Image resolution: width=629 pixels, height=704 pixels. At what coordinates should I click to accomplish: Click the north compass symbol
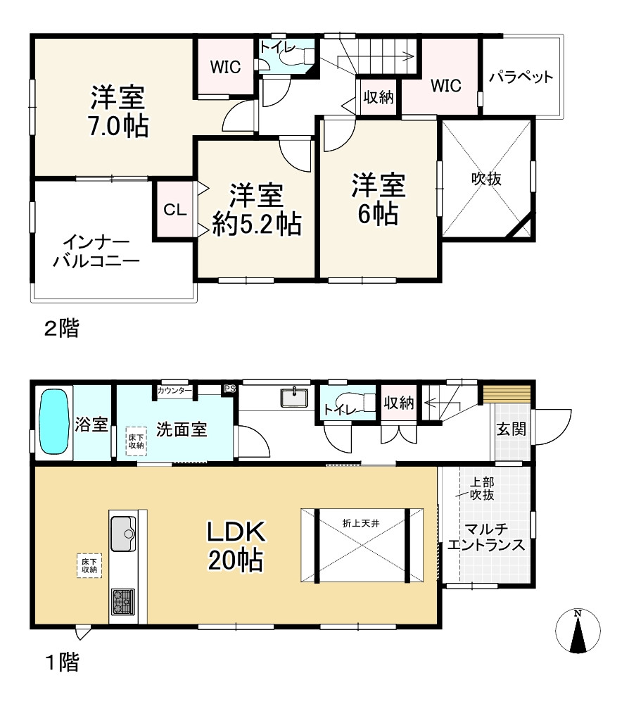[x=578, y=631]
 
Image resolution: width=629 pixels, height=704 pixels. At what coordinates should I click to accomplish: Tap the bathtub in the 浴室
[x=54, y=422]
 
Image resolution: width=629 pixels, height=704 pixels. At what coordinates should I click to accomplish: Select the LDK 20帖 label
[x=236, y=546]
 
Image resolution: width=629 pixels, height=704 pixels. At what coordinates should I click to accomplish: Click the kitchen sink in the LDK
[x=123, y=534]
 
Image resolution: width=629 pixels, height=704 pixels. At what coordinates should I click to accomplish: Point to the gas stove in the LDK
[x=123, y=602]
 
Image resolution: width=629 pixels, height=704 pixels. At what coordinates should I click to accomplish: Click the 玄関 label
[x=511, y=429]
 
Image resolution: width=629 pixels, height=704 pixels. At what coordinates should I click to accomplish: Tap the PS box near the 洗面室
[x=229, y=389]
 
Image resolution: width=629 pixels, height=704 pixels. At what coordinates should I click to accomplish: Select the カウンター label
[x=174, y=391]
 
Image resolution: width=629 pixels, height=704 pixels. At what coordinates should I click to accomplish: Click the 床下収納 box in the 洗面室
[x=136, y=441]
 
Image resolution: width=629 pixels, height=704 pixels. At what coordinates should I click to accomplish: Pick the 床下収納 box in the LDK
[x=89, y=566]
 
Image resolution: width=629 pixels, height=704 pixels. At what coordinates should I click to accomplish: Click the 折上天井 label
[x=361, y=523]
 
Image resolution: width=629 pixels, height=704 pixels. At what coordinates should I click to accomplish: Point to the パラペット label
[x=521, y=77]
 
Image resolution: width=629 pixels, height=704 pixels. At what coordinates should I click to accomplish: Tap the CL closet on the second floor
[x=175, y=210]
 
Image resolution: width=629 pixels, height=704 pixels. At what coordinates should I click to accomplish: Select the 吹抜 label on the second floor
[x=486, y=179]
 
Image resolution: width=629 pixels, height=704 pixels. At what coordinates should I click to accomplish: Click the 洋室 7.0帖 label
[x=118, y=111]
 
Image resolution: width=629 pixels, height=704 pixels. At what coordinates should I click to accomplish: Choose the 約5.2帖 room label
[x=257, y=223]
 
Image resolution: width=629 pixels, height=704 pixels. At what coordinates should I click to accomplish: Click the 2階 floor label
[x=61, y=328]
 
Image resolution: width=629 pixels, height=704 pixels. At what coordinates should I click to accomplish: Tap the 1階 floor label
[x=63, y=662]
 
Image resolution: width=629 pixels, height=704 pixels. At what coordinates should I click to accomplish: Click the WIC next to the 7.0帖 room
[x=226, y=67]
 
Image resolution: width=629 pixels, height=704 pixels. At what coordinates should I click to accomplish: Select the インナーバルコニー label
[x=96, y=251]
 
